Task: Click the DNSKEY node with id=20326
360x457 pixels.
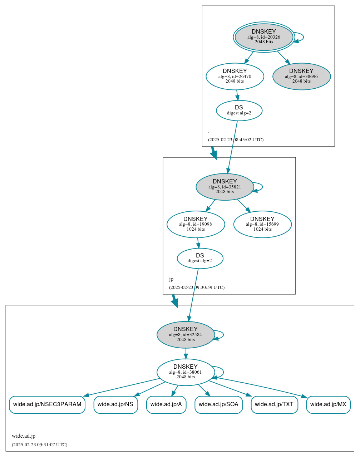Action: point(264,37)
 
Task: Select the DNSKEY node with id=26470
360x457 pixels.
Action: point(235,76)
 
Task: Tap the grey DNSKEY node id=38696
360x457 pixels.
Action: point(301,76)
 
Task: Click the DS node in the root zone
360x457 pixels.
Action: point(239,110)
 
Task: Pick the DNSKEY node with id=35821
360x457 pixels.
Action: point(225,187)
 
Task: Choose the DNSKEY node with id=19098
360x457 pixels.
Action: point(196,224)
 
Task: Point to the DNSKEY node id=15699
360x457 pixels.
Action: point(262,224)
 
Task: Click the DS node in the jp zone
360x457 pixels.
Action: point(200,258)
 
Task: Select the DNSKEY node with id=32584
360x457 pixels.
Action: point(186,334)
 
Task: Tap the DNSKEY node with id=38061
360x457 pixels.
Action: point(186,372)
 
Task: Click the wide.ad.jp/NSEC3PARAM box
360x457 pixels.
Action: point(47,404)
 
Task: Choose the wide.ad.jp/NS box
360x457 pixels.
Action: point(115,404)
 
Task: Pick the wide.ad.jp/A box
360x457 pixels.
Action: point(166,404)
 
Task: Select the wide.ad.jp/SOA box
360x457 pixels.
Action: point(218,404)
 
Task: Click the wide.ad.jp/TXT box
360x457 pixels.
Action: point(274,404)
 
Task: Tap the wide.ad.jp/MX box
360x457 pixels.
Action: point(328,404)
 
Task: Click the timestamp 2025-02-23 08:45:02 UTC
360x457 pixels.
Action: point(236,140)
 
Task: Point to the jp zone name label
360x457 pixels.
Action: point(171,279)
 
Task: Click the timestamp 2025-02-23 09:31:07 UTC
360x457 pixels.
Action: point(39,445)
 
